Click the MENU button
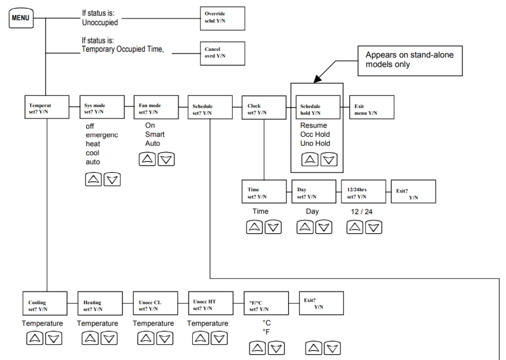21,18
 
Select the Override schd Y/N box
222,18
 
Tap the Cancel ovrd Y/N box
222,53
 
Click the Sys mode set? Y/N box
102,107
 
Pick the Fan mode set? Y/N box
156,107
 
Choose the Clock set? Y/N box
264,108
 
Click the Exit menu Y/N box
372,107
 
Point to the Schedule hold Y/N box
318,107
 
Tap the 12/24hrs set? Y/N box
363,192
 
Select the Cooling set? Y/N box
45,304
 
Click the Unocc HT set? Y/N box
211,303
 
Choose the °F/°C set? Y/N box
266,304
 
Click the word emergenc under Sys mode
102,135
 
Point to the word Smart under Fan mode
155,134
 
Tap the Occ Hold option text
315,134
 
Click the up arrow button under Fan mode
147,159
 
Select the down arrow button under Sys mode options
112,179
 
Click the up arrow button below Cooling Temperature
35,338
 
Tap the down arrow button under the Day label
324,227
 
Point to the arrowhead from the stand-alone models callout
318,79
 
